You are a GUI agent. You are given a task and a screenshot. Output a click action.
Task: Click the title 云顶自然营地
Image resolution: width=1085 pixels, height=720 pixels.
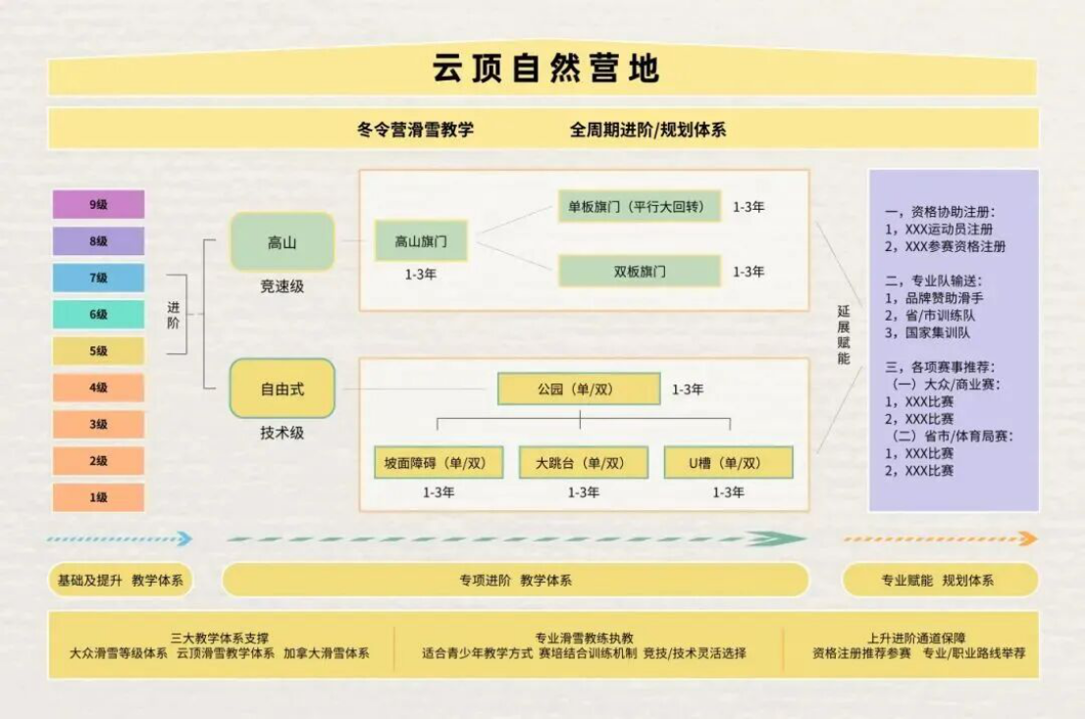coord(546,69)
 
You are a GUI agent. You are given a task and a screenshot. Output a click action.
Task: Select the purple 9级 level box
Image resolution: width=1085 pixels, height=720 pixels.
coord(99,205)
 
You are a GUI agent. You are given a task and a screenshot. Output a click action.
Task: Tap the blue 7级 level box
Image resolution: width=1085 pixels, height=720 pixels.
coord(99,278)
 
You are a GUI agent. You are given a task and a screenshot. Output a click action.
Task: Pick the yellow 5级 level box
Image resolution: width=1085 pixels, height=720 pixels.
coord(99,351)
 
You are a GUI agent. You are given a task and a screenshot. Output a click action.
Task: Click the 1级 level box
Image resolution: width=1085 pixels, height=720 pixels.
coord(99,497)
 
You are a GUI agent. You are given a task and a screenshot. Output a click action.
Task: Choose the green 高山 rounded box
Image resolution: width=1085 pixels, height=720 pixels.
coord(283,242)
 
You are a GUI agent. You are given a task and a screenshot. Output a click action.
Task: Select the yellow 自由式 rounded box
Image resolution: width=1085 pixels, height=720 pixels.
coord(283,388)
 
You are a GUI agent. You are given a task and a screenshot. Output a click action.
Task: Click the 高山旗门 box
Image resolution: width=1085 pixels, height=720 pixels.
coord(421,240)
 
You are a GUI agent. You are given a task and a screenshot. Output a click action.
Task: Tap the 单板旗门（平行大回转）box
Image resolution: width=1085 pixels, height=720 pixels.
coord(640,206)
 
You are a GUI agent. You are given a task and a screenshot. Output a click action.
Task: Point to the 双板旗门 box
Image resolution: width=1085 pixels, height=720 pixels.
coord(640,271)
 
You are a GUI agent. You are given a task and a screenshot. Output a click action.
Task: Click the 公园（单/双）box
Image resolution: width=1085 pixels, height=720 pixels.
coord(579,389)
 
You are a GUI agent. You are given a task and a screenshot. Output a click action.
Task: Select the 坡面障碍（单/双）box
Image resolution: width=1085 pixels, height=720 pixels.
coord(439,463)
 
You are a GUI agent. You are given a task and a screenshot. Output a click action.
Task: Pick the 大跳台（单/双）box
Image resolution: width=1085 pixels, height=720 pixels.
coord(584,463)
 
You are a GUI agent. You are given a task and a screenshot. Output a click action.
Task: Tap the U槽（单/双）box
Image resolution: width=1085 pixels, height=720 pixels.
coord(729,463)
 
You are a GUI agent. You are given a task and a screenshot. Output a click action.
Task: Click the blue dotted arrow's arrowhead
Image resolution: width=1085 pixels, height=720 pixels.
coord(184,539)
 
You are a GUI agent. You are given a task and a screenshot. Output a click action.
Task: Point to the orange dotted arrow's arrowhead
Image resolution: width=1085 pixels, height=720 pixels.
coord(1029,539)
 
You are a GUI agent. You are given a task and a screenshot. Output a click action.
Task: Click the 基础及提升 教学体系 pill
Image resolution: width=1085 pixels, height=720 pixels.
coord(121,581)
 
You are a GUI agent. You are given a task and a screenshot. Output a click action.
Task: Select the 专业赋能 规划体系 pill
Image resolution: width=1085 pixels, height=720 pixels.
coord(940,581)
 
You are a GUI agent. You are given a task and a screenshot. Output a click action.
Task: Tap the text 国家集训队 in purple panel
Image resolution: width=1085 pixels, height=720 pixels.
coord(938,333)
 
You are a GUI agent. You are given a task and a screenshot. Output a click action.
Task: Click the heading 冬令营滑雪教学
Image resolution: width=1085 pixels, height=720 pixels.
coord(415,129)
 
